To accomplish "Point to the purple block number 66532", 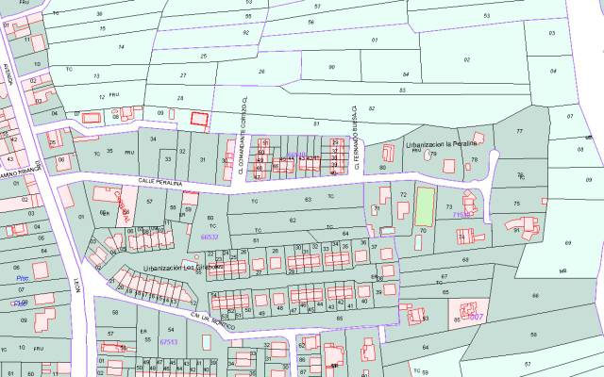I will (x=210, y=238).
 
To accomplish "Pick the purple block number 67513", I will (x=170, y=341).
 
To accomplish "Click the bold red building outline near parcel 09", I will (x=198, y=119).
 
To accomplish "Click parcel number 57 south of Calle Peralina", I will (x=149, y=202).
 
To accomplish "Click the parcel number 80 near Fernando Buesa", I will (x=382, y=168).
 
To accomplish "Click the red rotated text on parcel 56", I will (x=120, y=201).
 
